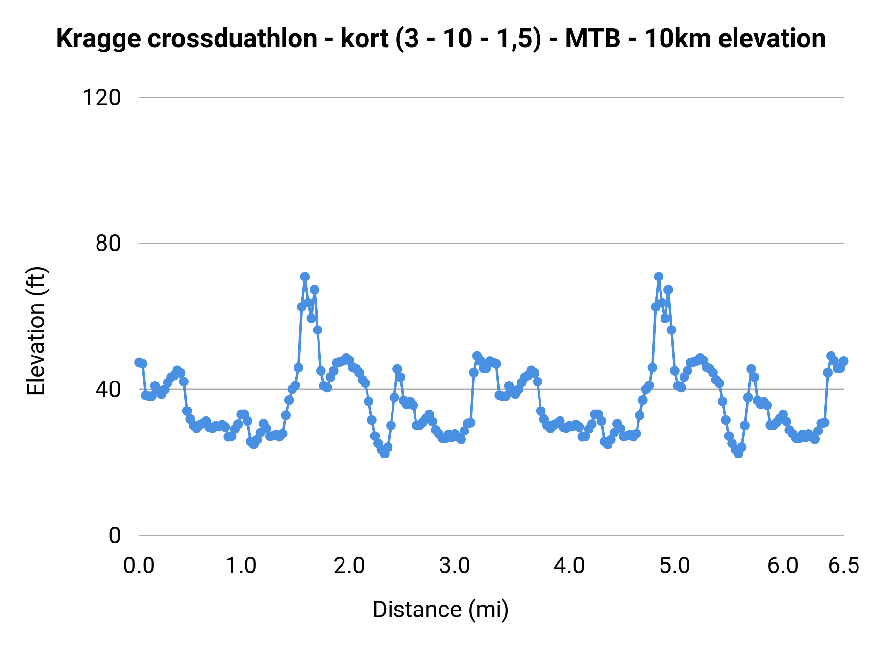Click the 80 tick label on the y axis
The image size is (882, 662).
108,243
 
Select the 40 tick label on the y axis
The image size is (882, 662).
108,389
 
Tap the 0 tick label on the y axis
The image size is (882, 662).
114,535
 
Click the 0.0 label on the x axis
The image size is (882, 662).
139,566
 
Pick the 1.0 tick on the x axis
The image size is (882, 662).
241,566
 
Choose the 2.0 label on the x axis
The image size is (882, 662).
349,566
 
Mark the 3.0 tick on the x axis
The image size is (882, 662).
455,566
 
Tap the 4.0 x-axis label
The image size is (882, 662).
569,566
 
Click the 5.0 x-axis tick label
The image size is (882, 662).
675,566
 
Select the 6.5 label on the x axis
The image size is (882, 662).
844,566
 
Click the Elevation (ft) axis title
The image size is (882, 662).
36,331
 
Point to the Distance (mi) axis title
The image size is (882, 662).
441,610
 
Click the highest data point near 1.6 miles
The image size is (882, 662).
305,277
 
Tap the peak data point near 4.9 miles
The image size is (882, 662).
659,277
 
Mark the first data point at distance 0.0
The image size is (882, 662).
139,362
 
